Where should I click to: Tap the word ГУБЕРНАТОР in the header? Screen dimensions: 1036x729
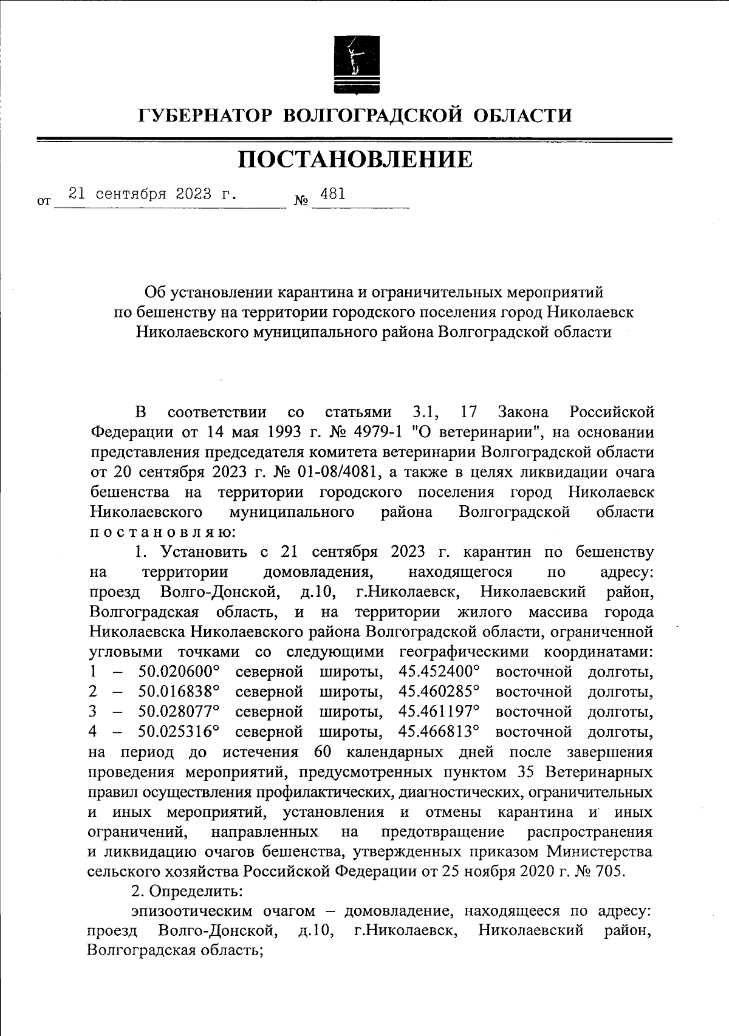tap(207, 115)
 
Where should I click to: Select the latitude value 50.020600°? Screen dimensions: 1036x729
tap(179, 672)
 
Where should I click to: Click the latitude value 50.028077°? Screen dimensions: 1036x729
tap(179, 712)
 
